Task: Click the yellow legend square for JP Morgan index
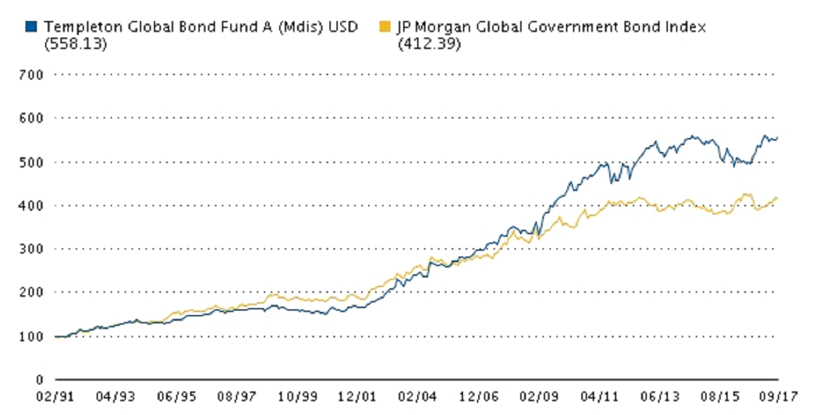pyautogui.click(x=384, y=27)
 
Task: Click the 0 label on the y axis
pyautogui.click(x=39, y=379)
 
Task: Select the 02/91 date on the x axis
pyautogui.click(x=55, y=397)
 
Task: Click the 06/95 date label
pyautogui.click(x=176, y=397)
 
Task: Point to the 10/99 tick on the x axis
pyautogui.click(x=296, y=397)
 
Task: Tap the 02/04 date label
pyautogui.click(x=418, y=397)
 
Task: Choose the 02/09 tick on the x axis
pyautogui.click(x=538, y=397)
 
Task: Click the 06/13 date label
pyautogui.click(x=659, y=397)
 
